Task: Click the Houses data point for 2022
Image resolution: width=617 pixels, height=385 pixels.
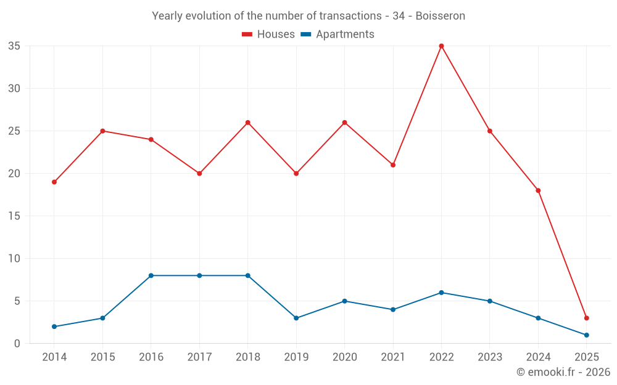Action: coord(441,46)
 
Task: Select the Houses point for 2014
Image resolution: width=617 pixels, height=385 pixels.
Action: coord(54,182)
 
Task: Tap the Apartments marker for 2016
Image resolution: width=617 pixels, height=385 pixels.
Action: coord(151,275)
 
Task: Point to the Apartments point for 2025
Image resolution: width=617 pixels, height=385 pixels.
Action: coord(586,335)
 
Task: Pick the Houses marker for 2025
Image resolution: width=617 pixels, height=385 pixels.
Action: coord(586,318)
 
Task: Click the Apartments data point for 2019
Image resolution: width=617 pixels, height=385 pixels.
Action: coord(296,318)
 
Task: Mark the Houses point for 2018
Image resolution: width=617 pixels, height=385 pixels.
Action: coord(248,123)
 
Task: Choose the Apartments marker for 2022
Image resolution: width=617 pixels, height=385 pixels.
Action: coord(441,293)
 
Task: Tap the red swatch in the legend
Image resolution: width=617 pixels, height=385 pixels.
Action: coord(247,34)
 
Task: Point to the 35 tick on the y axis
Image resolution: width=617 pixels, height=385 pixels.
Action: coord(14,46)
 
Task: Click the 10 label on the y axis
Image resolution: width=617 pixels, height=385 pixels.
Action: coord(14,259)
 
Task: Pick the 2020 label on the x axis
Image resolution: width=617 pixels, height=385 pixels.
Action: coord(344,357)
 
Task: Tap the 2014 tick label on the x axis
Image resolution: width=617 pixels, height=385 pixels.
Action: coord(54,357)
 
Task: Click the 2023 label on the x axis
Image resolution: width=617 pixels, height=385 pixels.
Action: coord(489,357)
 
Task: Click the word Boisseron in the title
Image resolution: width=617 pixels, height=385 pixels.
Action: coord(440,16)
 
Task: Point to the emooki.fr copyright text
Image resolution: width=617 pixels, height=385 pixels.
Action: coord(563,372)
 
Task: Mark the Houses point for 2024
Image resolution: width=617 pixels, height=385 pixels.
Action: coord(538,190)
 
